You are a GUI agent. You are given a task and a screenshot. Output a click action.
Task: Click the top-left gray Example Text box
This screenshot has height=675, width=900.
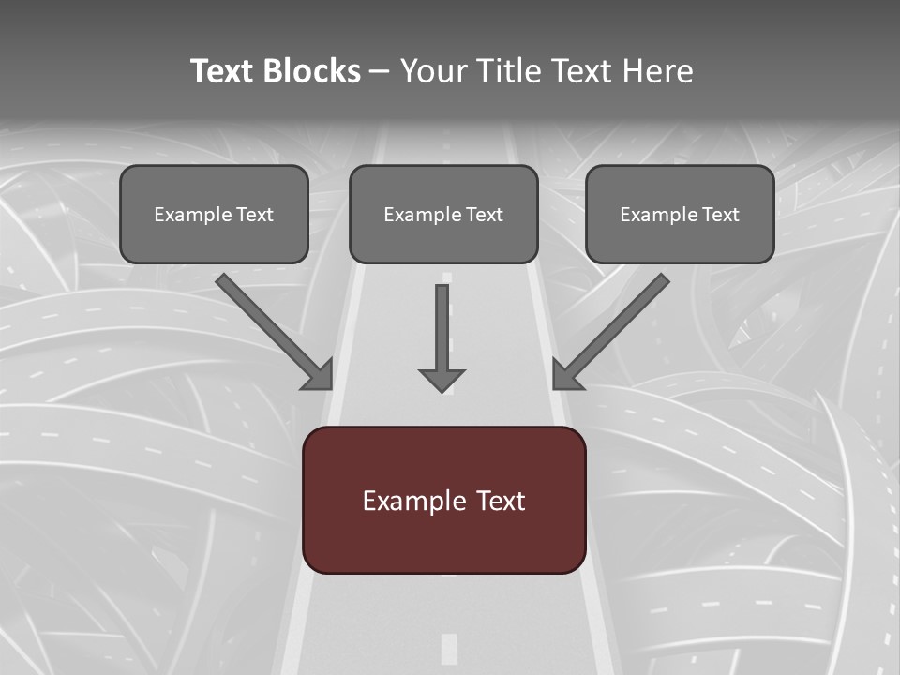pos(214,214)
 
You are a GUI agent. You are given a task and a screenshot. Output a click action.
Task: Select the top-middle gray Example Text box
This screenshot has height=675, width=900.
pos(443,214)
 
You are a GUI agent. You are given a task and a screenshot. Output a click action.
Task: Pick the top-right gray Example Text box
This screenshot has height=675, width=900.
pos(680,214)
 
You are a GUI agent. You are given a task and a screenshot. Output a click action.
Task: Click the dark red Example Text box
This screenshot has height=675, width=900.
pos(443,500)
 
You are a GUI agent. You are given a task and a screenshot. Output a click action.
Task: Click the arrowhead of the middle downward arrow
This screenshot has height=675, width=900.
pos(442,380)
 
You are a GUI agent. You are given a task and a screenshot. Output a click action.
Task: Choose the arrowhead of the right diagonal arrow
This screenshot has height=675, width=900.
pos(565,375)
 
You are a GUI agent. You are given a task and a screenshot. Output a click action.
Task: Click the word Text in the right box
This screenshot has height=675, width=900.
pos(720,215)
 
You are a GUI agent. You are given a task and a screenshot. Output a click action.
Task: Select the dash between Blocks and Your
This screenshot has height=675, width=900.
pos(381,72)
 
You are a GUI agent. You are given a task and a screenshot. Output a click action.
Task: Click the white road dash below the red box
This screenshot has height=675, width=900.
pos(449,648)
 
